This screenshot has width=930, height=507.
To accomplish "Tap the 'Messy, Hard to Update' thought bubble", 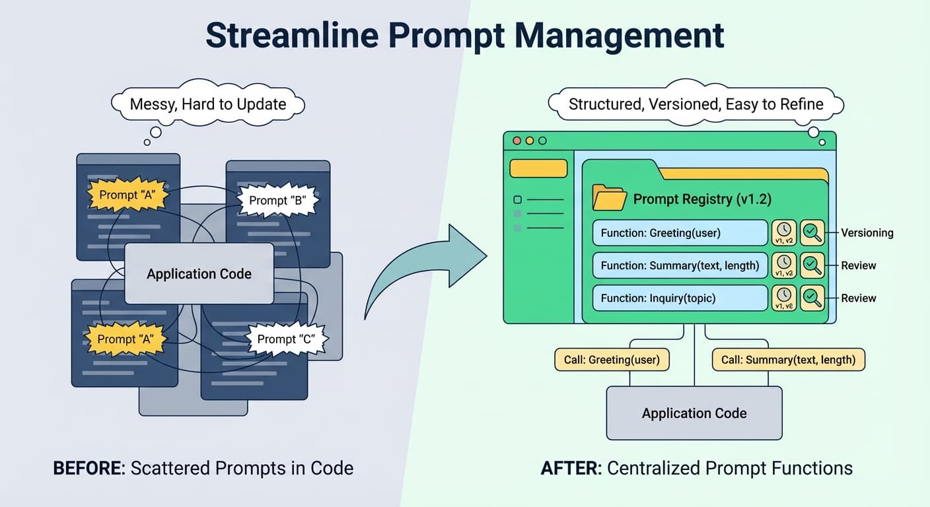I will click(208, 104).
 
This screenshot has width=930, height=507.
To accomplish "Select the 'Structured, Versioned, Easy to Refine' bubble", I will click(696, 104).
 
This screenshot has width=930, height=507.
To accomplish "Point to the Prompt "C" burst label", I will click(285, 339).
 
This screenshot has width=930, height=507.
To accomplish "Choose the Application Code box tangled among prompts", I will click(199, 274).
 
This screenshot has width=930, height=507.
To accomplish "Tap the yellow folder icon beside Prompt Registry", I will click(609, 197).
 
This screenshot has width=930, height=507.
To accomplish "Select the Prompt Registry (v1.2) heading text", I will click(702, 199).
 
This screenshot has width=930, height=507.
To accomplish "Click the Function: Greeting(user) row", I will click(680, 233).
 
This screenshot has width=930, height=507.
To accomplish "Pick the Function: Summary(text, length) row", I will click(680, 265).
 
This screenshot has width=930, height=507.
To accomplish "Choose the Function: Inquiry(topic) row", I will click(680, 298).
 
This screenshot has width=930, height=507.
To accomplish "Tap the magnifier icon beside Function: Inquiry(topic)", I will click(812, 298).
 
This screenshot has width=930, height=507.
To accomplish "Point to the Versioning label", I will click(867, 233).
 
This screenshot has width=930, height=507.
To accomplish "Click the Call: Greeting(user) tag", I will click(612, 360).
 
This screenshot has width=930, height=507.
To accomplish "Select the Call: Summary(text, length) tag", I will click(788, 360).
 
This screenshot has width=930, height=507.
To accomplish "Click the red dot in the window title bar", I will click(517, 141).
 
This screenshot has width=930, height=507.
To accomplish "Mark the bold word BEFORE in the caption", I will click(89, 469).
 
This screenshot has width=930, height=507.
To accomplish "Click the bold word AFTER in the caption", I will click(570, 469).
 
